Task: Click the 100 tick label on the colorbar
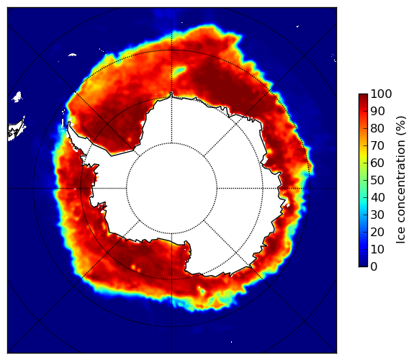(381, 94)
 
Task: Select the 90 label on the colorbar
(377, 111)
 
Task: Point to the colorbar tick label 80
(377, 128)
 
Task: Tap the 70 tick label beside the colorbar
(377, 145)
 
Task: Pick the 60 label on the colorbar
(377, 163)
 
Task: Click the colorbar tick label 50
(377, 181)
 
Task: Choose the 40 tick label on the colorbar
(377, 197)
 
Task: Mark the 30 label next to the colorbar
(377, 215)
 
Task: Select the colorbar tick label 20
(377, 232)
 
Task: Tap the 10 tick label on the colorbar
(377, 249)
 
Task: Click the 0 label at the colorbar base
(374, 267)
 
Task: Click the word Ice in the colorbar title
(400, 237)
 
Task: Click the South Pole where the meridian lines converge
(171, 189)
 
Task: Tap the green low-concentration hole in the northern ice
(179, 71)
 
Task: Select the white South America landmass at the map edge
(17, 130)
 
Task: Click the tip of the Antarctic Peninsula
(69, 123)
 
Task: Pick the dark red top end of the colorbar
(363, 96)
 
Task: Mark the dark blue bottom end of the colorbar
(363, 264)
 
